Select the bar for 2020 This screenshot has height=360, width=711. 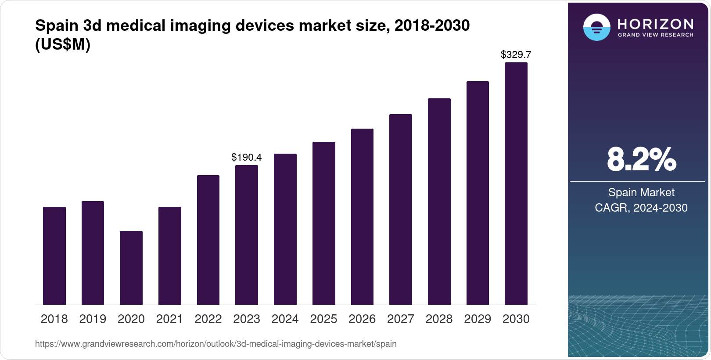131,268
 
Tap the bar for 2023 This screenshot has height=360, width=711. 246,235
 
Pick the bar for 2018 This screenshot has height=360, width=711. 54,256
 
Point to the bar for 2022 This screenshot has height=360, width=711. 208,240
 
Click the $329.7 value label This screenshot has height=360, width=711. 516,55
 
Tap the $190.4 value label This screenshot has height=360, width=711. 246,157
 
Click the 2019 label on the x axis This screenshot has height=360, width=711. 93,319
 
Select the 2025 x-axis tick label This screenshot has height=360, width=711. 323,319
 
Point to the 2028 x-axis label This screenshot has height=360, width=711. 439,319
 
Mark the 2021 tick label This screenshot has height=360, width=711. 169,319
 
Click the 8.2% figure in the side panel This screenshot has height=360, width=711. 641,160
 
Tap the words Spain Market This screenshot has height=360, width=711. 641,192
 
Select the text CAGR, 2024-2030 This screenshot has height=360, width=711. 641,208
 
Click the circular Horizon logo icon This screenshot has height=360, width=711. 596,27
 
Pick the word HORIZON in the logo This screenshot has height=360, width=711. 655,24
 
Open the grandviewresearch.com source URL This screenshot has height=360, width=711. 215,344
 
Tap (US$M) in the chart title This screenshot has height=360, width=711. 62,45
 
